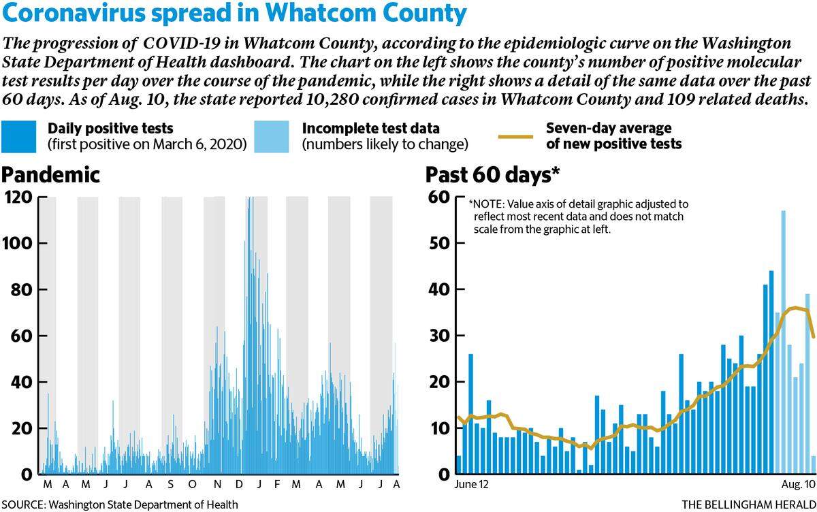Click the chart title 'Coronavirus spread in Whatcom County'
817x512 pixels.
234,13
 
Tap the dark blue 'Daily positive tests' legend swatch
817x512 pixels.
18,137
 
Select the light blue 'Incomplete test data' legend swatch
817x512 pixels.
272,137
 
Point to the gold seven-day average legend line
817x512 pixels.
516,137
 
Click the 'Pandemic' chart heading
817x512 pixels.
50,175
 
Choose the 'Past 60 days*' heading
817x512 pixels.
492,175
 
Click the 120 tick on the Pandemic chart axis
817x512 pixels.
18,197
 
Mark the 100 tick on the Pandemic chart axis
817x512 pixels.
18,243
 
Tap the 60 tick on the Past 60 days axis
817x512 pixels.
439,197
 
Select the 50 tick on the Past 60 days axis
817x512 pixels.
439,243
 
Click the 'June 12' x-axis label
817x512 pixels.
471,484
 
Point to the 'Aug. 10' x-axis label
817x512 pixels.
799,484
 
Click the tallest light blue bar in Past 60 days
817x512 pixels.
783,342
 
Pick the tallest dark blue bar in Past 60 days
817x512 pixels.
771,372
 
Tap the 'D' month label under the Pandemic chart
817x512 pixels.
239,484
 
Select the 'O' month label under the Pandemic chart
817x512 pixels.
192,484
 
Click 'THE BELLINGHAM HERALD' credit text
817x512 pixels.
749,505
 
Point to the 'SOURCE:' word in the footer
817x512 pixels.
23,505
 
